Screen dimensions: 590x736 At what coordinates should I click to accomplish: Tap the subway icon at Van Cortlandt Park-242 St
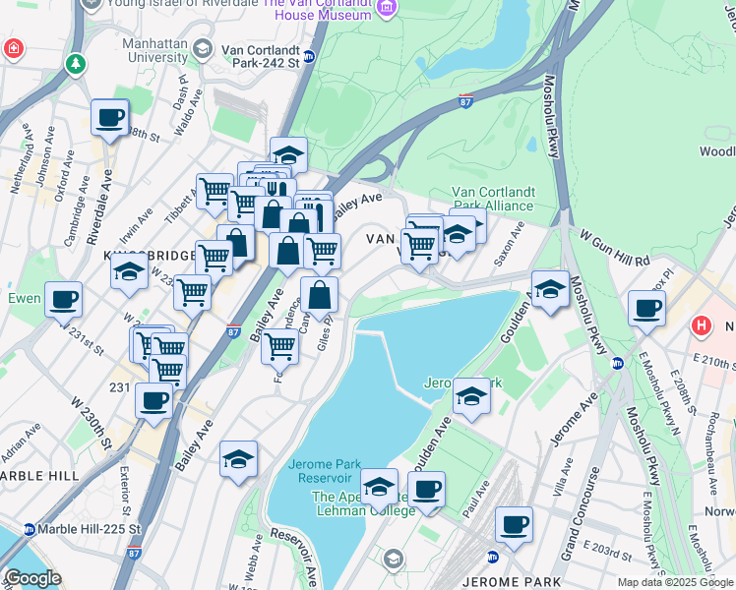coord(308,56)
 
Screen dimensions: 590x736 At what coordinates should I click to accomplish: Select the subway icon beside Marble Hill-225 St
coord(30,529)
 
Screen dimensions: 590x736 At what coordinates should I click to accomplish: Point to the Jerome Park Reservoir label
coord(324,471)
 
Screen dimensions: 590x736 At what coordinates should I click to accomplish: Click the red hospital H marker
coord(702,324)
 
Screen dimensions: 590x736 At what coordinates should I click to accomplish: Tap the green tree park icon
coord(76,64)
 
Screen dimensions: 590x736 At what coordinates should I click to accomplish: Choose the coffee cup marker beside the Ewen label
coord(64,300)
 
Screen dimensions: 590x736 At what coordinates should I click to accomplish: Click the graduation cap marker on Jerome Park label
coord(471,396)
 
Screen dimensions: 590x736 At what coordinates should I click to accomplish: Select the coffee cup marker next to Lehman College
coord(426,490)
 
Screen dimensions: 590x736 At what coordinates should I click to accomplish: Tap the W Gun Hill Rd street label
coord(615,250)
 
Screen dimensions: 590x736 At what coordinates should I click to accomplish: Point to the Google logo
coord(32,578)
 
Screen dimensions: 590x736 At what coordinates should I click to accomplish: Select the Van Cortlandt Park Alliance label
coord(492,199)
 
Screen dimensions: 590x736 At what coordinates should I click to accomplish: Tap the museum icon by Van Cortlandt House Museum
coord(387,9)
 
